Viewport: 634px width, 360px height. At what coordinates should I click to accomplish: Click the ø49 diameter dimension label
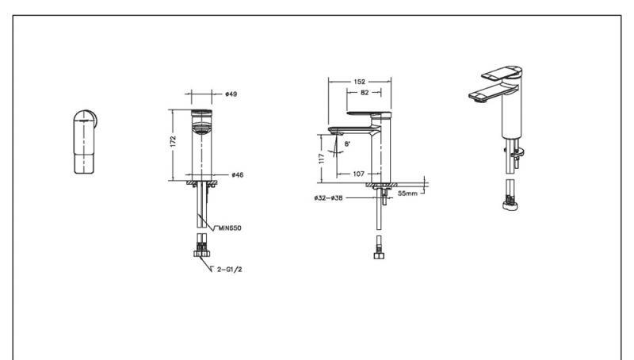231,94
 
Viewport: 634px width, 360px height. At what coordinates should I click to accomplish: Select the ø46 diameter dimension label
237,174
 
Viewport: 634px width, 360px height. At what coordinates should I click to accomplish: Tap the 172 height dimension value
173,142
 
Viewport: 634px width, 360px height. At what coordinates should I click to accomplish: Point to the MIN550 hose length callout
230,228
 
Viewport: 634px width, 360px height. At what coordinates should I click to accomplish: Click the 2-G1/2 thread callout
229,270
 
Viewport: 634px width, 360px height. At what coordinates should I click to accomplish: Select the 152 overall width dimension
359,82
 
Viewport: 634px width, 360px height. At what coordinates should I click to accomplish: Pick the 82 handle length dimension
365,93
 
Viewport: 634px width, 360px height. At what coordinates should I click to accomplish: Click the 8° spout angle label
347,144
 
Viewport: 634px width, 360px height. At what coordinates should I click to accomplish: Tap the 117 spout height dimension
322,158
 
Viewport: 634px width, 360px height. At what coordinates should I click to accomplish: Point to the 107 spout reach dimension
359,174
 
